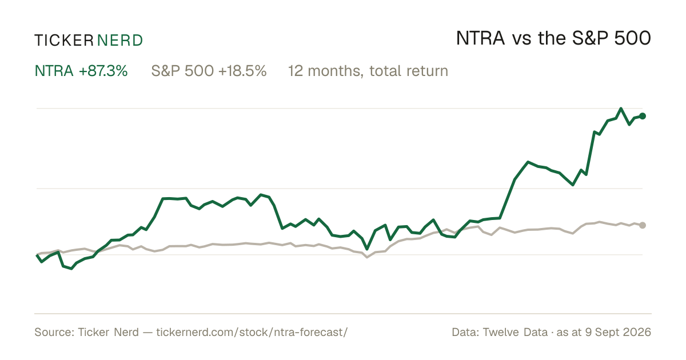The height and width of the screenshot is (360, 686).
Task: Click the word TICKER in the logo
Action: coord(64,41)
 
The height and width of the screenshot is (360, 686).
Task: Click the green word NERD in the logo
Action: coord(120,41)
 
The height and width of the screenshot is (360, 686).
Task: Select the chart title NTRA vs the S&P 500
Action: coord(553,38)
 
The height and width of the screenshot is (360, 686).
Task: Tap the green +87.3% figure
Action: coord(103,71)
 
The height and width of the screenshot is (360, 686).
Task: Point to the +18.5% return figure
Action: coord(242,71)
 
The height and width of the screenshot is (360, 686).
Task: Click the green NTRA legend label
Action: coord(54,71)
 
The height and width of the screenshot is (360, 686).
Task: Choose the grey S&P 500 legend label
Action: coord(182,71)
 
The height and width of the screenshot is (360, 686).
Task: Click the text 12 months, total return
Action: coord(368,71)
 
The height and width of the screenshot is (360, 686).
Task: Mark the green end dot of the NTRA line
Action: coord(643,116)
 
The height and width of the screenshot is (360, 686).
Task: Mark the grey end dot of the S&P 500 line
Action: coord(643,225)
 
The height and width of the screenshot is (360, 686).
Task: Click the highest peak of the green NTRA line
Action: coord(621,109)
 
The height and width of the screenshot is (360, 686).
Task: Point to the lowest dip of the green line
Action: coord(71,269)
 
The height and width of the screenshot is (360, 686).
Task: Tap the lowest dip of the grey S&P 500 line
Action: coord(367,257)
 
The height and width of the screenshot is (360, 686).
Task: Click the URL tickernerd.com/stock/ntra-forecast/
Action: coord(252,332)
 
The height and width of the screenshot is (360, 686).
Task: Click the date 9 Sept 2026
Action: coord(618,332)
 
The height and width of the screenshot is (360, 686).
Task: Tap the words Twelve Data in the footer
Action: coord(515,332)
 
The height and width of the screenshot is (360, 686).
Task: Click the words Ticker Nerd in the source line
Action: coord(108,332)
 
